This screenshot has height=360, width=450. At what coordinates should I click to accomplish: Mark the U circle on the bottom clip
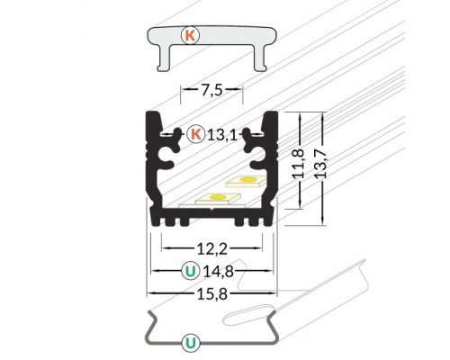click(191, 341)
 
